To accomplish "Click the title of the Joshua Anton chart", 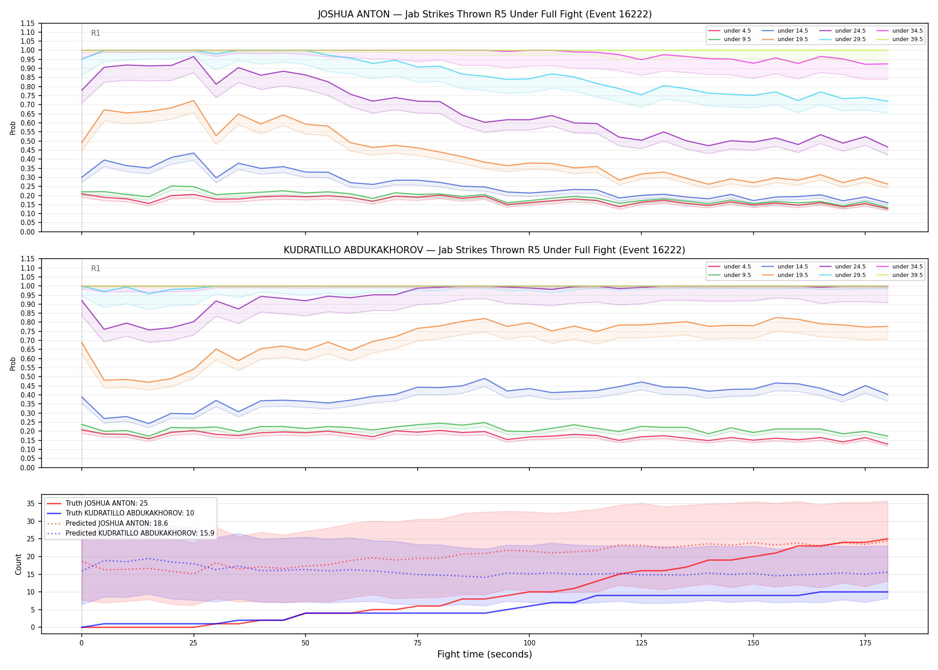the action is pos(485,14).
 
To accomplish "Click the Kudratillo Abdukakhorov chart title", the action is pos(485,250).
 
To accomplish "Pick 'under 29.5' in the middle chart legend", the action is pos(850,275).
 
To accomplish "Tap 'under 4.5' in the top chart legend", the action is pos(737,31).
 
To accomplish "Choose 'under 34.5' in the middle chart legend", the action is pos(907,267).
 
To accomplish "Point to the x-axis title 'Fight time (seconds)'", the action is pos(485,654).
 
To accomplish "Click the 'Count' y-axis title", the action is pos(18,564).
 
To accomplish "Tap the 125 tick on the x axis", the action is pos(641,643).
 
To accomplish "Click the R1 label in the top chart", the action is pos(96,33).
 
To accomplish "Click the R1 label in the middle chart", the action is pos(96,268).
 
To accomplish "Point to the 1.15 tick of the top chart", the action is pos(28,23).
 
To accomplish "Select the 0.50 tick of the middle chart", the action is pos(28,377).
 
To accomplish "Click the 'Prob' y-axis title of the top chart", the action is pos(13,128).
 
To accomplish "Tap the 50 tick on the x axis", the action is pos(305,643).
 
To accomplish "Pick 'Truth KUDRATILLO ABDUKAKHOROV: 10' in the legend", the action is pos(130,513).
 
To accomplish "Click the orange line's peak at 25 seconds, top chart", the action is pos(193,100).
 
